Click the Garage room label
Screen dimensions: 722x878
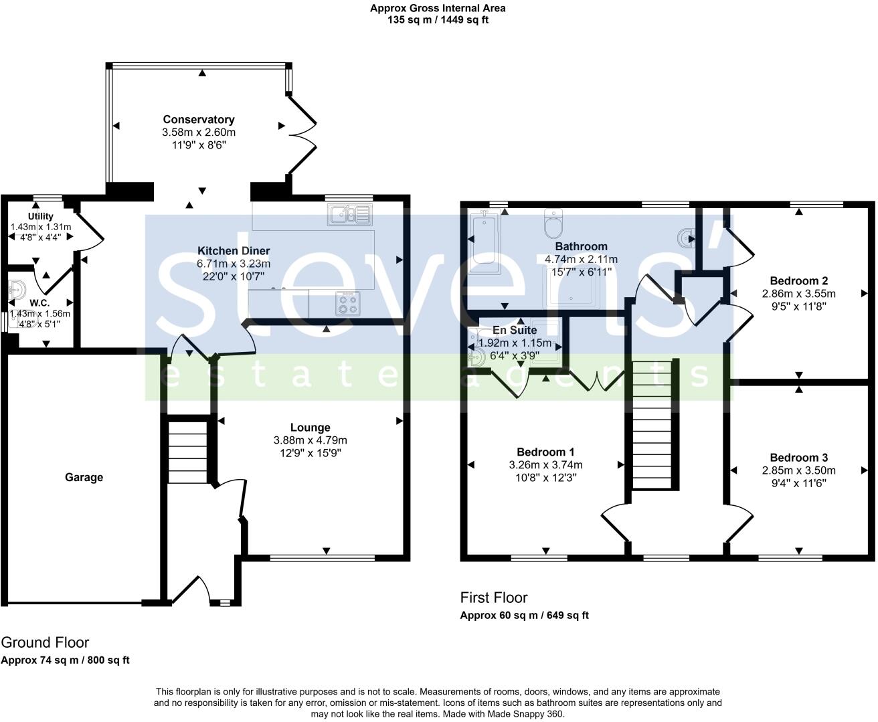pyautogui.click(x=84, y=477)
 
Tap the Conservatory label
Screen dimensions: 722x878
pyautogui.click(x=199, y=119)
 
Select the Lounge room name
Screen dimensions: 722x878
pyautogui.click(x=310, y=427)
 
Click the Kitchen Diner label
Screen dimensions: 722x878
pyautogui.click(x=233, y=251)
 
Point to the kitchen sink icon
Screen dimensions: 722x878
pyautogui.click(x=350, y=215)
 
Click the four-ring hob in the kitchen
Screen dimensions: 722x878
pyautogui.click(x=347, y=304)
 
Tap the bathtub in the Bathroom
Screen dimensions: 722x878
pyautogui.click(x=482, y=241)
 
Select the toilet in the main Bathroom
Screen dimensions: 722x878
pyautogui.click(x=554, y=224)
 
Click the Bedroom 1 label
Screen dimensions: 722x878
pyautogui.click(x=545, y=452)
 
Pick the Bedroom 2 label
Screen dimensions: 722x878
pyautogui.click(x=798, y=280)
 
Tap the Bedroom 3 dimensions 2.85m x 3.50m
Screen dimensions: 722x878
pyautogui.click(x=798, y=470)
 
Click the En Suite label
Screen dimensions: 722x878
pyautogui.click(x=514, y=330)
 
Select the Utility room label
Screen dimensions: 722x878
pyautogui.click(x=41, y=216)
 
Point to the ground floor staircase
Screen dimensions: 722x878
pyautogui.click(x=187, y=452)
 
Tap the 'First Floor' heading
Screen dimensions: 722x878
pyautogui.click(x=494, y=598)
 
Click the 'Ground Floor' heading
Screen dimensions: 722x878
pyautogui.click(x=45, y=642)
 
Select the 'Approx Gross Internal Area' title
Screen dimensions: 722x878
pyautogui.click(x=438, y=8)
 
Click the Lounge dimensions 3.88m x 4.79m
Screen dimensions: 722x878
pyautogui.click(x=310, y=440)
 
